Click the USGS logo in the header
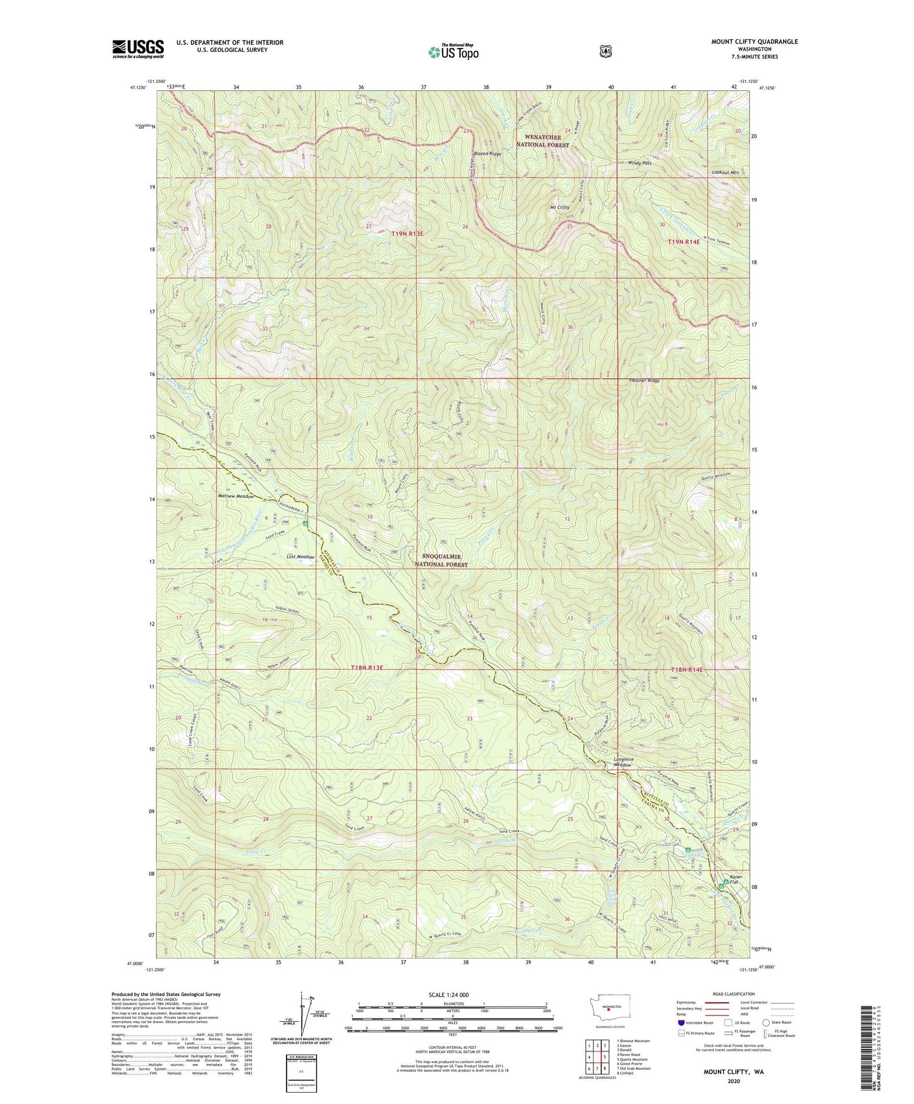(138, 49)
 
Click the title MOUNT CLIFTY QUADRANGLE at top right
(754, 42)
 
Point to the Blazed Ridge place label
(487, 154)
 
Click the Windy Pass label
(639, 163)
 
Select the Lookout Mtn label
(725, 172)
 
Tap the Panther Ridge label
(645, 381)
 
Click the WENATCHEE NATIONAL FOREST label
(543, 141)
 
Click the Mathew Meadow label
(235, 496)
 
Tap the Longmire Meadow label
(622, 762)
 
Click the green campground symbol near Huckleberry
(305, 523)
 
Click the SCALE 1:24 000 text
(448, 995)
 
